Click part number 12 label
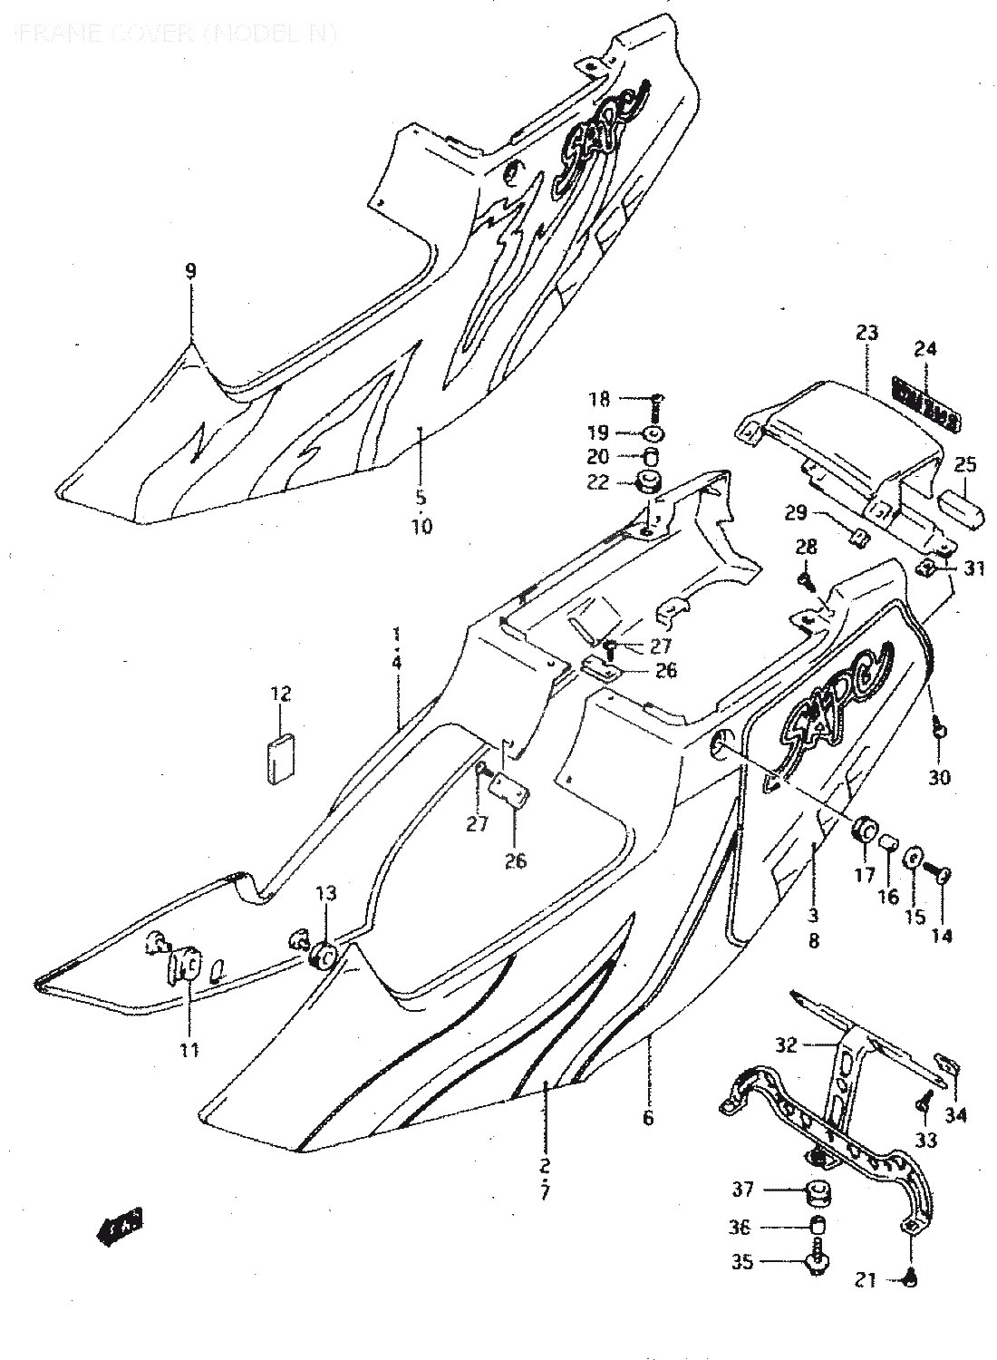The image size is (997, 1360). coord(280,695)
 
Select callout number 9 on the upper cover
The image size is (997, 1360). coord(190,270)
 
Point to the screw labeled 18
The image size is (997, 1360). coord(657,399)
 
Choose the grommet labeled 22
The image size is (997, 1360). coord(650,482)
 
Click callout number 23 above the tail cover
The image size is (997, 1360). coord(866,333)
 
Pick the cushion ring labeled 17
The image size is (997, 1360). coord(866,829)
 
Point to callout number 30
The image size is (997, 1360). coord(940,777)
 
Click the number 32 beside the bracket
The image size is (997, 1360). coord(786,1045)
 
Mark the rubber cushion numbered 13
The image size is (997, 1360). coord(324,957)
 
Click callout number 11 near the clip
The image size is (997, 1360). coord(189,1050)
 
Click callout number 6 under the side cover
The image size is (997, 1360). coord(647,1117)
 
